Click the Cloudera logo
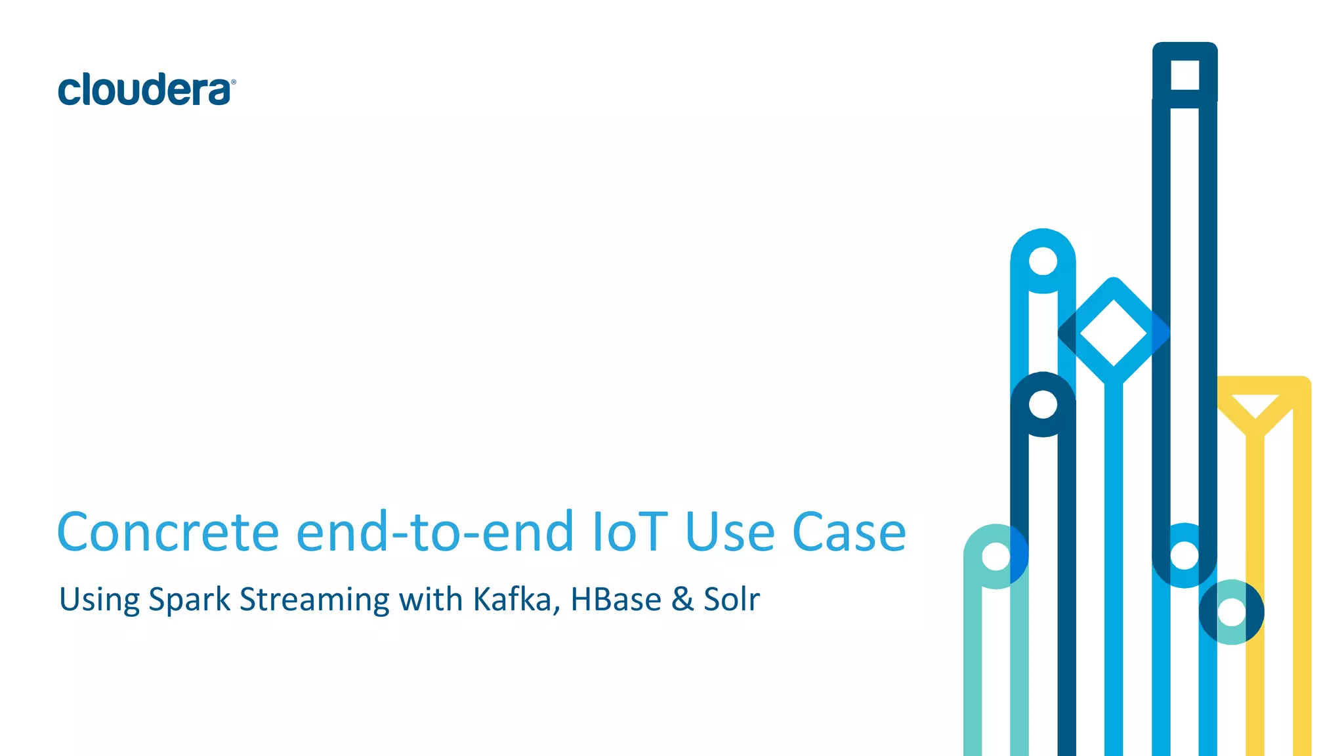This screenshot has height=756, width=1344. pos(146,90)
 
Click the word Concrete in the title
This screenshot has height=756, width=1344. pos(168,532)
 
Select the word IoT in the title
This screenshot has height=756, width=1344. pos(629,532)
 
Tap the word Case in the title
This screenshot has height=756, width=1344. pos(849,532)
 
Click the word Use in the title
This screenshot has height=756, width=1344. pos(730,532)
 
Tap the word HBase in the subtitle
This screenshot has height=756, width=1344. pos(616,600)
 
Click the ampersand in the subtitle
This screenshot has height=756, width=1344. pos(682,600)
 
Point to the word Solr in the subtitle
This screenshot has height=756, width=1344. pos(732,600)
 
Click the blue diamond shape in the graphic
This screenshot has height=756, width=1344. pos(1114,332)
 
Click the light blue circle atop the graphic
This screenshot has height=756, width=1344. pos(1043,261)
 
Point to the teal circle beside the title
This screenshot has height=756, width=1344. pos(996,556)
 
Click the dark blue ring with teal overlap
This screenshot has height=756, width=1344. pos(1231,612)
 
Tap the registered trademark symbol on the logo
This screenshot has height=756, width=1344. pos(234,82)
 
